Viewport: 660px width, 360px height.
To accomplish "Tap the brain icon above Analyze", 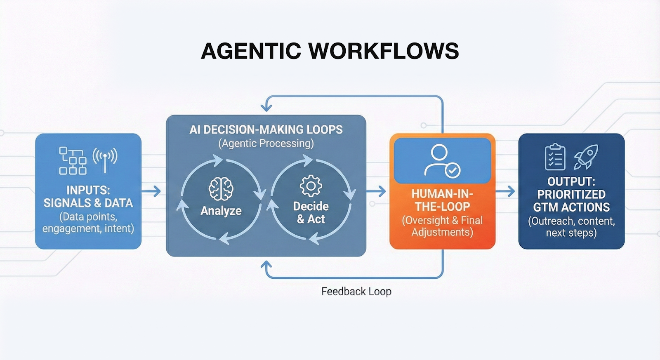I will coord(221,188).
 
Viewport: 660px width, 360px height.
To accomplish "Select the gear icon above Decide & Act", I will coord(311,186).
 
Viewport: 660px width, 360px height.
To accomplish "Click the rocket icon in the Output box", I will coord(586,157).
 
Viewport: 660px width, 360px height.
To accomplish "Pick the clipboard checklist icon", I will coord(555,157).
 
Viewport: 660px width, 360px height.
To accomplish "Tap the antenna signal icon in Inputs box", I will coord(105,159).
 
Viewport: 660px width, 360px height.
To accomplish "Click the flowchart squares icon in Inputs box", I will coord(73,160).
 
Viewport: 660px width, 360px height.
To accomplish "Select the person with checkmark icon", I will coord(442,161).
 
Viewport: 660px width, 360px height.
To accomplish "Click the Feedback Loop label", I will coord(356,292).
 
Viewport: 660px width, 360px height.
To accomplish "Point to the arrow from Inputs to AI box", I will coord(151,191).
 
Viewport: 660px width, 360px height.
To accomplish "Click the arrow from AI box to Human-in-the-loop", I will coord(376,191).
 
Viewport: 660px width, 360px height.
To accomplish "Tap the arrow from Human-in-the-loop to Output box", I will coord(506,191).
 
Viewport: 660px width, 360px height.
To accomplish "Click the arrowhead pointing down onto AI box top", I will coord(266,107).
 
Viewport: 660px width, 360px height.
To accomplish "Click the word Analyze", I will coord(221,211).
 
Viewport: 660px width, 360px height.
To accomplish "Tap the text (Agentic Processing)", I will coord(266,144).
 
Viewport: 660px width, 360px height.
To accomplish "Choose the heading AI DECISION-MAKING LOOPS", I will coord(266,129).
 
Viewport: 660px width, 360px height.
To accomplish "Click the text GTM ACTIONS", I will coord(571,207).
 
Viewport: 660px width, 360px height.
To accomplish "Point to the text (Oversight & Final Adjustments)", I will coord(442,226).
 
